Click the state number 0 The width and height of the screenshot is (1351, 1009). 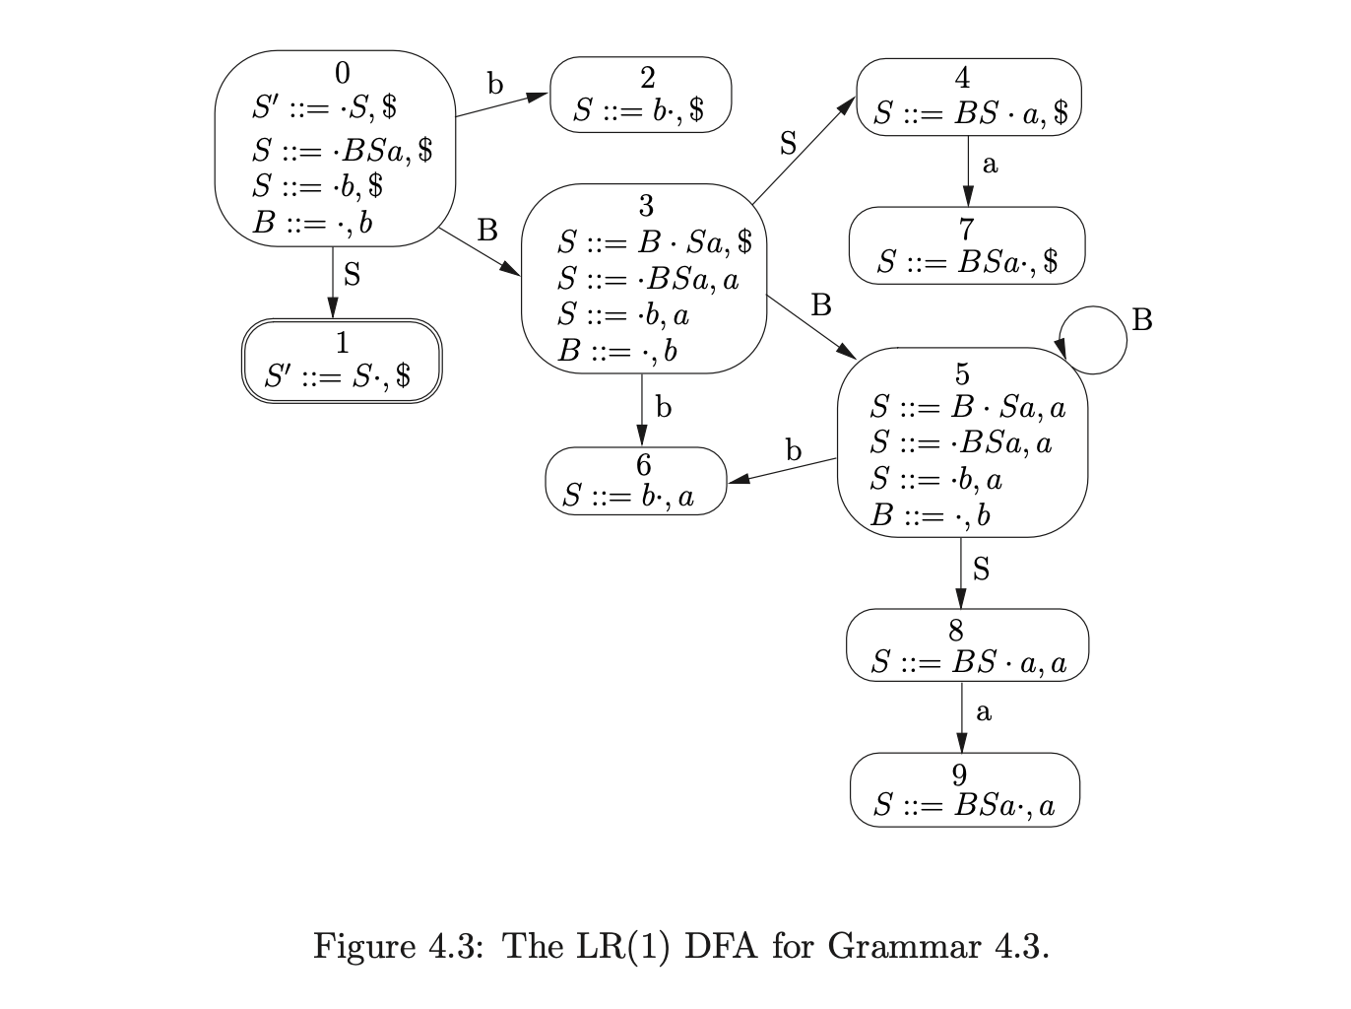point(342,73)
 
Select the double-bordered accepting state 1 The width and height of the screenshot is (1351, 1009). point(342,361)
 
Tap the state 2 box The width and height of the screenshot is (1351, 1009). point(640,95)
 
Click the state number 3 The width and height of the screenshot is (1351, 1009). point(646,206)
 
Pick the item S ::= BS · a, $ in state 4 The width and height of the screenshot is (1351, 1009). point(970,113)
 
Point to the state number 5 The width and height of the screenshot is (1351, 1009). point(962,374)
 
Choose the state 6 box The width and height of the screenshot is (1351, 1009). point(635,480)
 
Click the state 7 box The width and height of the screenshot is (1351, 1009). point(967,244)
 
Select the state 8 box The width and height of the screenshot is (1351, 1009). point(967,644)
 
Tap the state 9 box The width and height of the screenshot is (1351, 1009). point(965,789)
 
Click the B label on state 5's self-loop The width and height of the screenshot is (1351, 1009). point(1142,320)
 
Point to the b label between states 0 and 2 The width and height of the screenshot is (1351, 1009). point(495,85)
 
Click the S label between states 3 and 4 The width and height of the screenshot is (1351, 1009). point(788,145)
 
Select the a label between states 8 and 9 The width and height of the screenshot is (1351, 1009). point(983,711)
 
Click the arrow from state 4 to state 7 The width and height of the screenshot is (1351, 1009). point(968,170)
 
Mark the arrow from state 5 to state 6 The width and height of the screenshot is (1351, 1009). point(782,471)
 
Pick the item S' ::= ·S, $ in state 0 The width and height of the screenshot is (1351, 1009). point(324,106)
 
